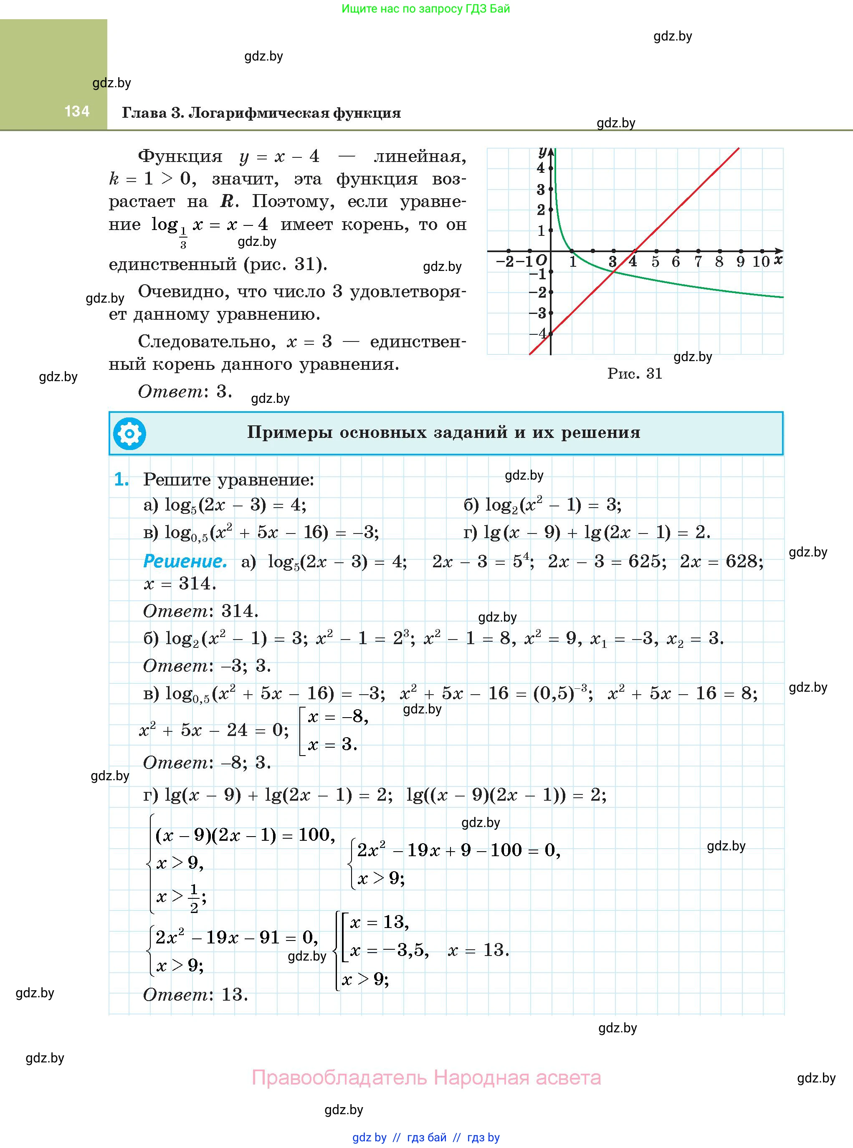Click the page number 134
77,111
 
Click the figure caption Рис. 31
635,373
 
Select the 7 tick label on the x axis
698,262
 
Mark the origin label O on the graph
541,260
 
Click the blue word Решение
185,561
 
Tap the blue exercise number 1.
121,480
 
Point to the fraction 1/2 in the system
194,899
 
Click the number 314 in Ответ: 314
240,611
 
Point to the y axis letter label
542,151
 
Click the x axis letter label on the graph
778,260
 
